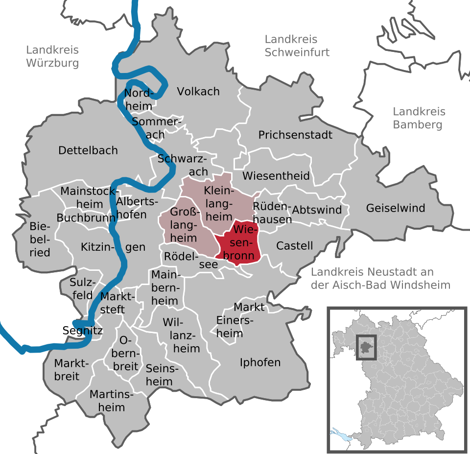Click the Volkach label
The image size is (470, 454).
pos(198,92)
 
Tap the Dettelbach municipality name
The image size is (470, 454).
pos(88,150)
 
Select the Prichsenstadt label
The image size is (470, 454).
pos(295,135)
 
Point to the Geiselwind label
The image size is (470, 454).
pos(396,208)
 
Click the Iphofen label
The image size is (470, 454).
pos(260,362)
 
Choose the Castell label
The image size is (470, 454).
pos(294,245)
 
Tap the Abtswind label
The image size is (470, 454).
pos(317,210)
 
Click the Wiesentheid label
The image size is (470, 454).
pos(276,175)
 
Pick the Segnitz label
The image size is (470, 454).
pos(83,331)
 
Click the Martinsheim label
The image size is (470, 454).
pos(107,400)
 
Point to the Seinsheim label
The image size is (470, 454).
pos(159,375)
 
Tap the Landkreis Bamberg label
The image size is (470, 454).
pos(418,118)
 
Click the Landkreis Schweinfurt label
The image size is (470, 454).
pos(297,46)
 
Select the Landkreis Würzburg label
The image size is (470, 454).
pos(52,56)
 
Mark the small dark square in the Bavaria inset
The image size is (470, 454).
pos(366,346)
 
